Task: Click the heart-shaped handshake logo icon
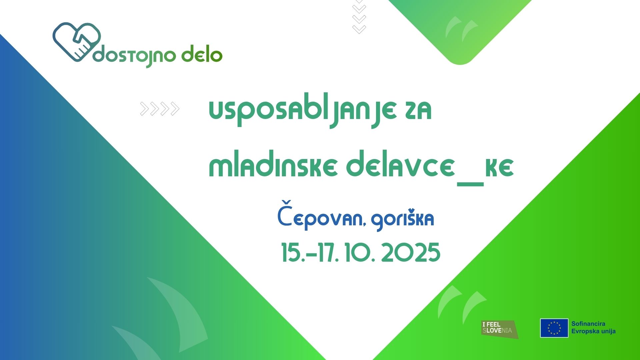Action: pyautogui.click(x=76, y=42)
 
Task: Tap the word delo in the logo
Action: pyautogui.click(x=202, y=55)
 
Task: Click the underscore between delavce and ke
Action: pyautogui.click(x=470, y=183)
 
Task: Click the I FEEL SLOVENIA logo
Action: pyautogui.click(x=499, y=329)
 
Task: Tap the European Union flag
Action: pyautogui.click(x=554, y=328)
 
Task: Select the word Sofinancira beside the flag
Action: pyautogui.click(x=588, y=324)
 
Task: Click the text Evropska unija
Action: pyautogui.click(x=593, y=331)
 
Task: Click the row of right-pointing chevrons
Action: pyautogui.click(x=160, y=109)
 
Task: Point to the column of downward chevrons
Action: pyautogui.click(x=359, y=17)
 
